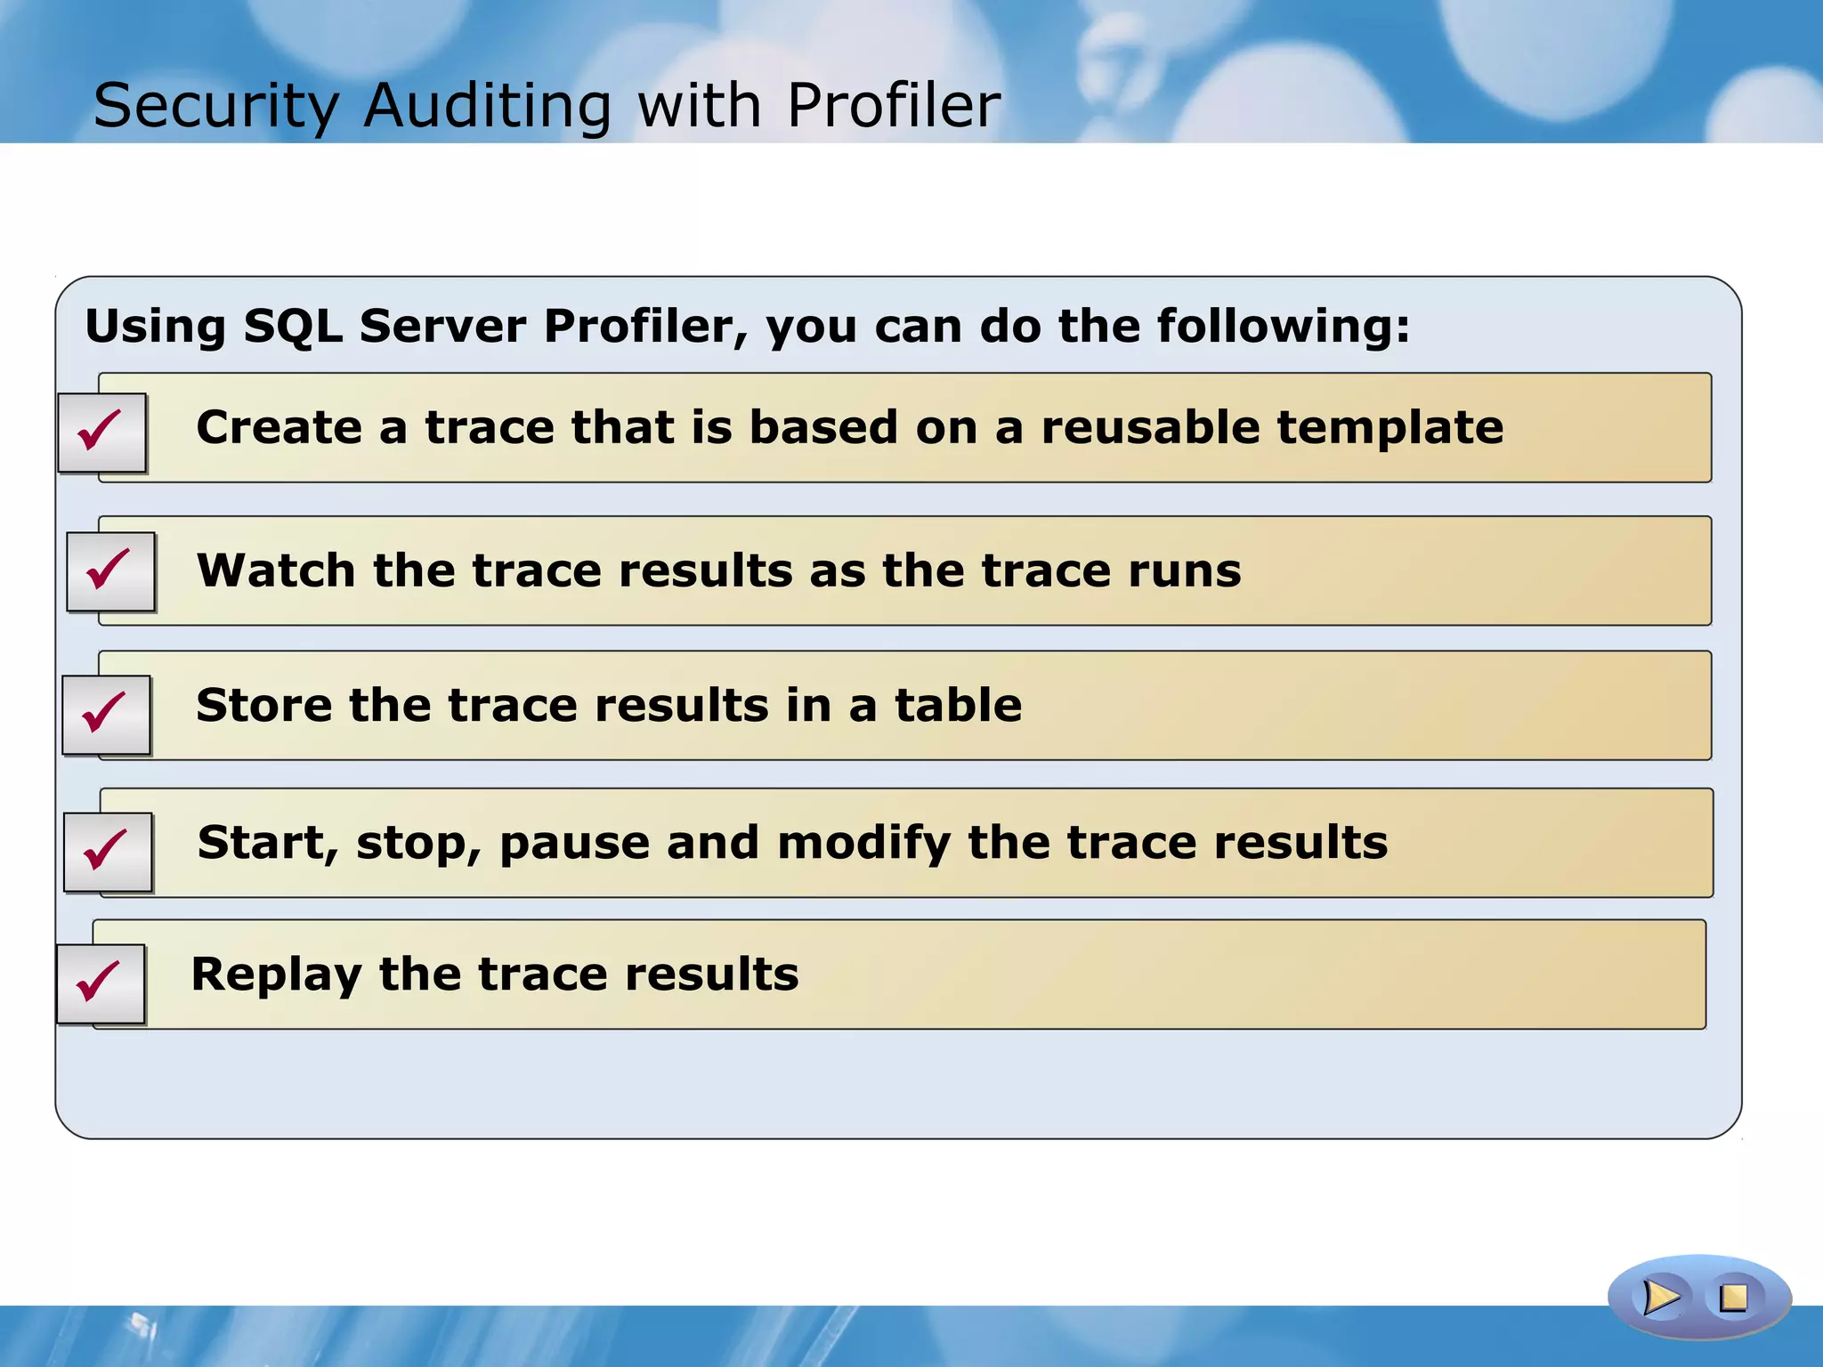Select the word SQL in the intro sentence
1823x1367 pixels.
coord(292,326)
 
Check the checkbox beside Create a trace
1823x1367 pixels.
coord(101,433)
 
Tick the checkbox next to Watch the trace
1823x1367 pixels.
coord(110,571)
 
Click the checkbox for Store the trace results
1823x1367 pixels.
coord(106,715)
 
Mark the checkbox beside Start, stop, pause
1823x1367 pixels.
coord(108,852)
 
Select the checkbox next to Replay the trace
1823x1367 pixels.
coord(101,983)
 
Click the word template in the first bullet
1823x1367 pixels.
coord(1390,428)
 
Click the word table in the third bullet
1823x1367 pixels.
coord(958,706)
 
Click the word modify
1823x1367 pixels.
coord(863,844)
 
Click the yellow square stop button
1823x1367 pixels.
coord(1732,1298)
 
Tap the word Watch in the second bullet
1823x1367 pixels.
coord(276,571)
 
